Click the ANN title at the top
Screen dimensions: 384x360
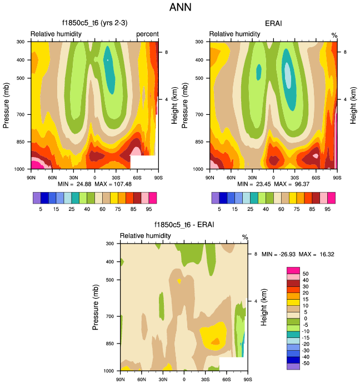[179, 8]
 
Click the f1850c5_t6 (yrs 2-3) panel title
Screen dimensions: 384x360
[94, 23]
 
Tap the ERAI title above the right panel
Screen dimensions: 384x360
[273, 23]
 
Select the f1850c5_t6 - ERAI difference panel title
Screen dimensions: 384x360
[184, 225]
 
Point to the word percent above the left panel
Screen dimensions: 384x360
[147, 34]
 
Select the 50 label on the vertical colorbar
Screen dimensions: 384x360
[304, 274]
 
